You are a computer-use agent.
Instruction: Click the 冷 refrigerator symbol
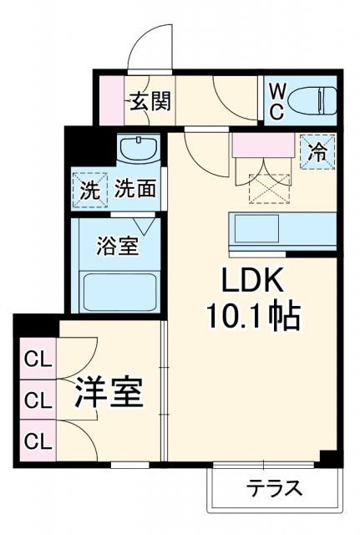[x=317, y=152]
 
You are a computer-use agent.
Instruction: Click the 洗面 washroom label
[x=134, y=188]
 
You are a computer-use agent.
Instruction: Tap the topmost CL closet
[x=35, y=362]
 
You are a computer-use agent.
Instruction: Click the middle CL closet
[x=35, y=400]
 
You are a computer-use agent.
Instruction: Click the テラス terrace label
[x=273, y=489]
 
